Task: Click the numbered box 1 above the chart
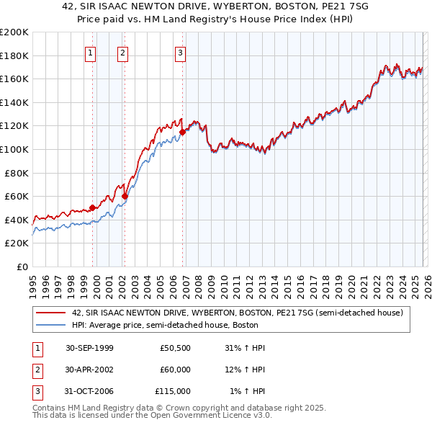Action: tap(91, 52)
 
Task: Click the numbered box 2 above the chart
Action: tap(123, 52)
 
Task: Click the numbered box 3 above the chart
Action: tap(180, 52)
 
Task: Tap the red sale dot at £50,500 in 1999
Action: tap(93, 207)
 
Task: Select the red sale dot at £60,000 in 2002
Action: tap(125, 196)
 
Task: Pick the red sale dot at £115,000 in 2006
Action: tap(183, 132)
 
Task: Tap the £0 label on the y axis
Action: tap(22, 267)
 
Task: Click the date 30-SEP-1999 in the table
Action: tap(89, 348)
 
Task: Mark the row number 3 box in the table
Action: tap(37, 391)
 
